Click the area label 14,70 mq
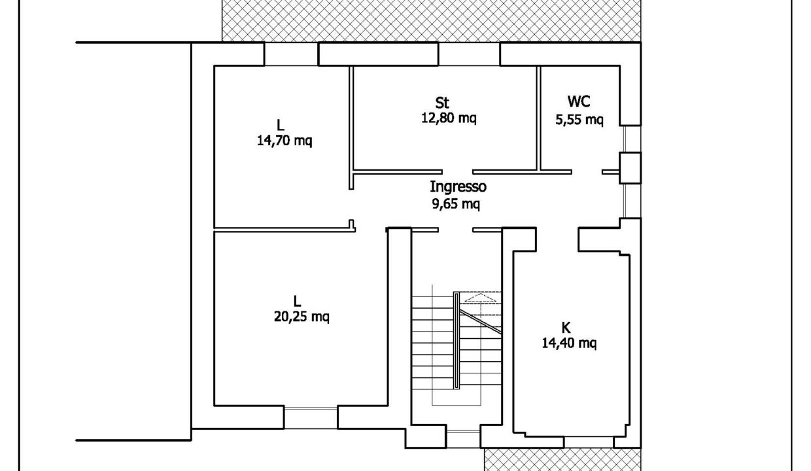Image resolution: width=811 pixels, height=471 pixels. coord(285,141)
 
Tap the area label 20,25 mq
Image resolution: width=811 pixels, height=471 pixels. coord(302,317)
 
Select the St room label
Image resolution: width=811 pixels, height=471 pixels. coord(442,103)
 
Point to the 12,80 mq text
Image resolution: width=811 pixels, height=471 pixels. coord(449,118)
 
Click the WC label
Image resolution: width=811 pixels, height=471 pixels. coord(579,101)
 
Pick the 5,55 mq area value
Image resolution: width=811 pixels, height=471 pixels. coord(579,120)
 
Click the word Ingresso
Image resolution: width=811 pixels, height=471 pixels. coord(458,187)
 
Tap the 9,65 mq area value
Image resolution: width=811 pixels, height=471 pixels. coord(457,204)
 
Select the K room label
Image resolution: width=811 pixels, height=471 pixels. coord(566,328)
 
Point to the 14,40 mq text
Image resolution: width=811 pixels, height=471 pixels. coord(569,343)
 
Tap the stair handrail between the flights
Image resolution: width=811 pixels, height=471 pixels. coord(457,340)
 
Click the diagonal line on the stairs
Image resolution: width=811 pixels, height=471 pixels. coord(481,322)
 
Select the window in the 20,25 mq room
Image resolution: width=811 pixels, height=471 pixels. coord(311,417)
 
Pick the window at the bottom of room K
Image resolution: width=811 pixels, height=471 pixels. coord(589,442)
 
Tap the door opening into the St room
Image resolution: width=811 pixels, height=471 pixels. coord(457,171)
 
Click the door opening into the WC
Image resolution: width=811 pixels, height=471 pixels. coord(587,171)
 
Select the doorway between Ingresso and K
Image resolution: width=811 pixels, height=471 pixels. coord(557,239)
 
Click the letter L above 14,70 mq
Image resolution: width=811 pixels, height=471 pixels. coord(280,125)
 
